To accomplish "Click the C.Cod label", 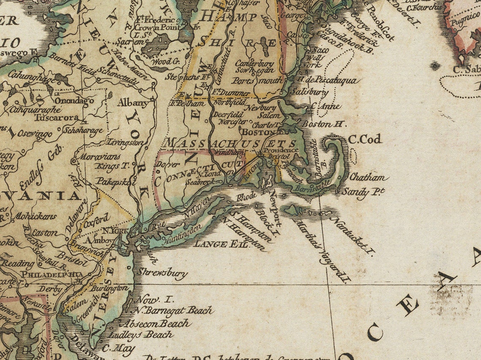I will point(365,139).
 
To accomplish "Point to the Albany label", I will point(132,103).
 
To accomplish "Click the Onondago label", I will point(73,101).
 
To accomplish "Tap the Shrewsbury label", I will point(161,273).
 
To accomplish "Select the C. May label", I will point(118,349).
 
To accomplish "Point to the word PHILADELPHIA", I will point(52,274).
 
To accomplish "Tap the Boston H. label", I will point(324,125).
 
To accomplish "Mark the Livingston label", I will point(126,143).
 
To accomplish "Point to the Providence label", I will point(281,150).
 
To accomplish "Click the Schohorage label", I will point(83,130).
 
